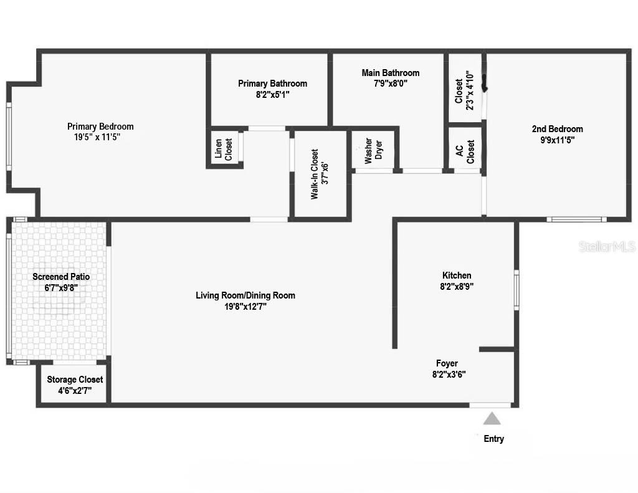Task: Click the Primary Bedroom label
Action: [x=100, y=127]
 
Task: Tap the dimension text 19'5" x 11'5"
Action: [x=100, y=137]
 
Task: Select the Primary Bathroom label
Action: [x=272, y=84]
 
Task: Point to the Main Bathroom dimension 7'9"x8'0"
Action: [x=391, y=83]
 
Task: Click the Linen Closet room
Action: [x=224, y=148]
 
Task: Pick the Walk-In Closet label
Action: [x=319, y=174]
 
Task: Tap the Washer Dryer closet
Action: [x=373, y=150]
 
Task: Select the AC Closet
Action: [x=465, y=150]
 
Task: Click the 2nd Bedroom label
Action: [x=557, y=129]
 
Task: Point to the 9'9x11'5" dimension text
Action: [x=557, y=140]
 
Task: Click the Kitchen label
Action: [x=457, y=275]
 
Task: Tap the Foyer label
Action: [x=447, y=363]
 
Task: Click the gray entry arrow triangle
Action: [x=492, y=418]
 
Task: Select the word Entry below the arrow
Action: [x=493, y=439]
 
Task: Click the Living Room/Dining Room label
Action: [x=245, y=295]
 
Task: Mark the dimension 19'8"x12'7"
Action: [x=245, y=306]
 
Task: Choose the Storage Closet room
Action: [x=75, y=385]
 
